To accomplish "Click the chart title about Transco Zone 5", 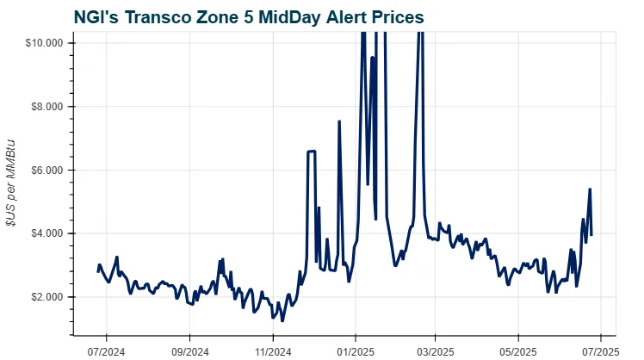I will [249, 17].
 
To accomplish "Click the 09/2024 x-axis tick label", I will [190, 351].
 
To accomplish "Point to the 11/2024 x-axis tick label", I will [272, 351].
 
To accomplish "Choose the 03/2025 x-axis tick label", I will [435, 351].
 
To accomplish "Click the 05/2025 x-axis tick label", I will [517, 351].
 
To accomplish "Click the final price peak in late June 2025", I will [590, 189].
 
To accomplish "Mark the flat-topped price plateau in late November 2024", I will [312, 152].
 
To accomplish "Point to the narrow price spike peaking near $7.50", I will [339, 121].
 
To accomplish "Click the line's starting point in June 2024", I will [98, 271].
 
